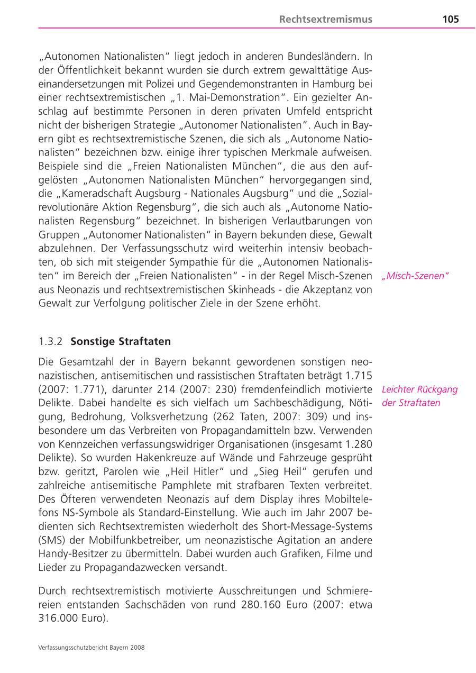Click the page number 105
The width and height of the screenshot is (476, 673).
(x=450, y=20)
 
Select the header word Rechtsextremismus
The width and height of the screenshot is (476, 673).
(x=325, y=20)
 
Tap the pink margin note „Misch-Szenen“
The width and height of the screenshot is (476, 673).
(x=415, y=276)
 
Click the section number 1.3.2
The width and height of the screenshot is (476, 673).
(x=50, y=341)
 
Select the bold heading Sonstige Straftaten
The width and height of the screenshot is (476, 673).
(x=121, y=341)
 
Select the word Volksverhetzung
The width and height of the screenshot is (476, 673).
(x=165, y=416)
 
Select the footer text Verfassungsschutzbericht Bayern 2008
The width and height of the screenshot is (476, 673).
(x=91, y=647)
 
